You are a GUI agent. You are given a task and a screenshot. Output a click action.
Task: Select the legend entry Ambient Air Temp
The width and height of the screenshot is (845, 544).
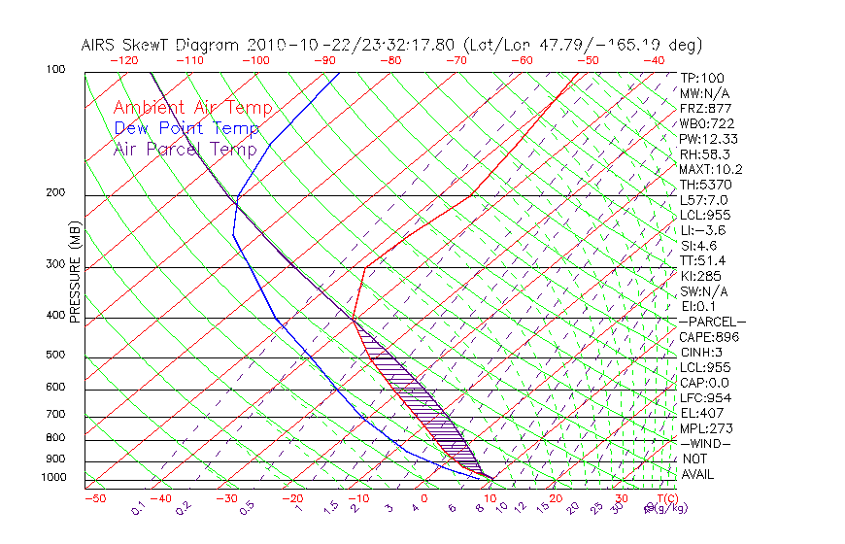(192, 108)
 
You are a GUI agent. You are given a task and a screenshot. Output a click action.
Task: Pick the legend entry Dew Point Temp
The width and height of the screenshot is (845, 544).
(186, 128)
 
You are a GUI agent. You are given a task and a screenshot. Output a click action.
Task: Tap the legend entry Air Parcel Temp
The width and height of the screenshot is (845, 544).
(185, 149)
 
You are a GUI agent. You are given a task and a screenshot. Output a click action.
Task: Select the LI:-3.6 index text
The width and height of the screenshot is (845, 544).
(702, 230)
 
